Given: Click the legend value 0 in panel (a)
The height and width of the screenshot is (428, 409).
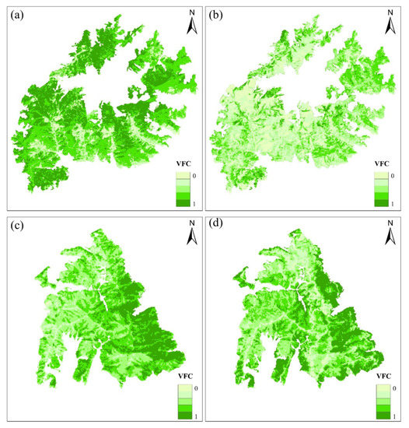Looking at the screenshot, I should pos(194,176).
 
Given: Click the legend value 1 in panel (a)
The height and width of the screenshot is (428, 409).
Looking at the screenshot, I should pos(194,203).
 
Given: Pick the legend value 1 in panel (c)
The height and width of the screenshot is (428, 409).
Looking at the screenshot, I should pos(194,412).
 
